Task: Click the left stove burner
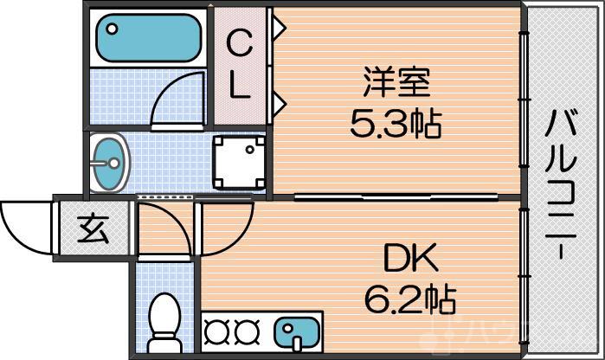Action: [x=217, y=331]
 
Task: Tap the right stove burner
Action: [x=246, y=331]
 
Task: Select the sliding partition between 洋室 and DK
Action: [x=398, y=197]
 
